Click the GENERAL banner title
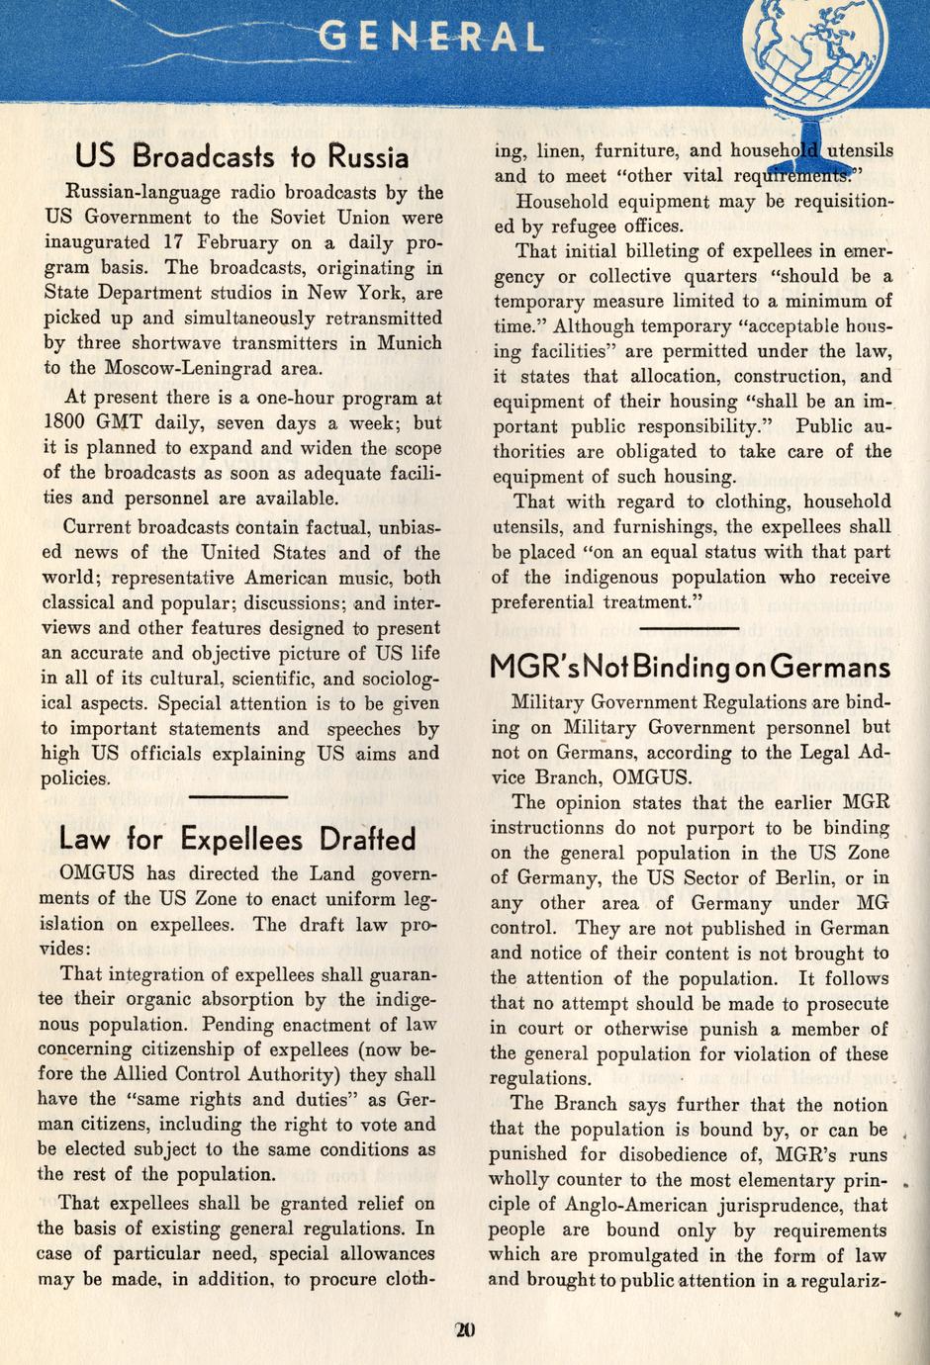(432, 39)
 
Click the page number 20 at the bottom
(465, 1329)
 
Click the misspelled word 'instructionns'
(552, 828)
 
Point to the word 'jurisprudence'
(780, 1205)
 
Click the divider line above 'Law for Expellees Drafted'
(237, 796)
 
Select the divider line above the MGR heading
(690, 628)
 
